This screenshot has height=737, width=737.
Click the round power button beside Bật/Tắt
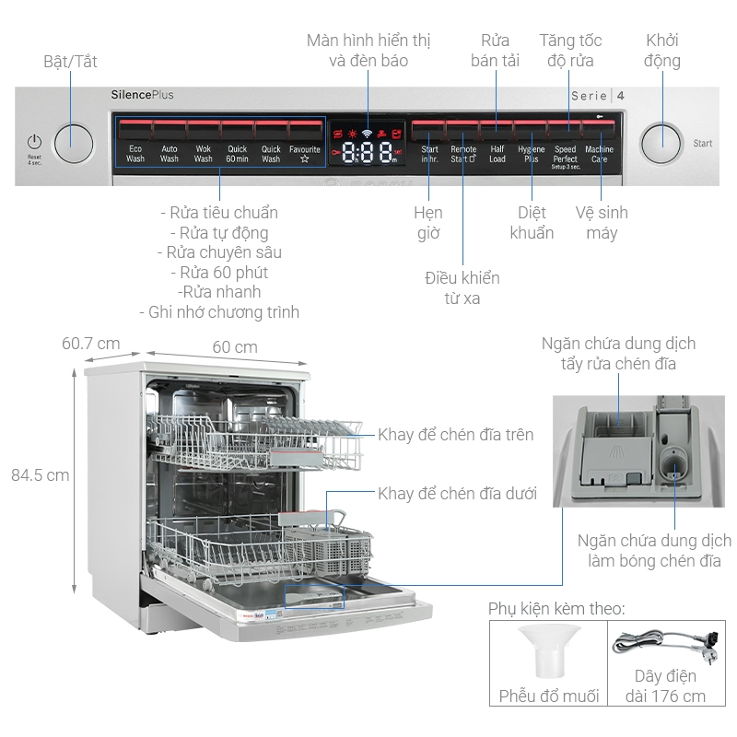[74, 143]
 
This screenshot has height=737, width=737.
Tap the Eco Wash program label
[135, 153]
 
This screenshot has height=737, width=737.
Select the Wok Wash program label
[203, 153]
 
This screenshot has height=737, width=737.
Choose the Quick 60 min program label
[238, 153]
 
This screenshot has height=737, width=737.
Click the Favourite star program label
[305, 153]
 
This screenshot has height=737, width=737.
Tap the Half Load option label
[497, 153]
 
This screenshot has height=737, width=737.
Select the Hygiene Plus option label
[532, 153]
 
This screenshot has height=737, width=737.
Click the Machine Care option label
[599, 153]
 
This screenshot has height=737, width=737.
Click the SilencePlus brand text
[142, 95]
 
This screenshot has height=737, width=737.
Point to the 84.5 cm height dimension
[40, 475]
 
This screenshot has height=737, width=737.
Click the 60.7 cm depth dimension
[90, 344]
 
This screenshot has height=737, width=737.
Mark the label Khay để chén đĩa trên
[455, 434]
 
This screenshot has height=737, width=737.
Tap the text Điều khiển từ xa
[462, 287]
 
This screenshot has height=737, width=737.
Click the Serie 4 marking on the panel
[598, 96]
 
